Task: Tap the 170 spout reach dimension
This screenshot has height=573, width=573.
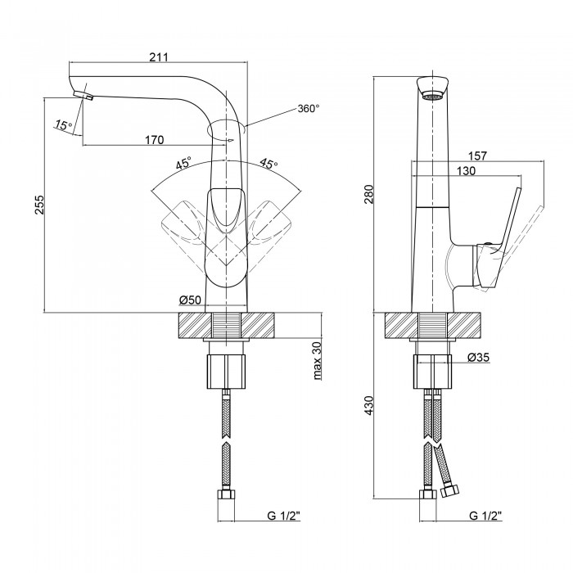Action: [x=154, y=139]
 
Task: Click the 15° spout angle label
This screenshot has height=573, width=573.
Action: [x=63, y=124]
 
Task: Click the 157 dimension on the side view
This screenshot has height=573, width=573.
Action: [x=480, y=155]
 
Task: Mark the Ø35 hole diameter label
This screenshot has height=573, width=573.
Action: [x=479, y=358]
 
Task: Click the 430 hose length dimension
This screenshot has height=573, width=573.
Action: [x=368, y=405]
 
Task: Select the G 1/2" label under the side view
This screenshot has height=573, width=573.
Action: [x=485, y=516]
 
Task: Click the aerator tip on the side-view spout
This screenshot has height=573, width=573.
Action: [x=433, y=96]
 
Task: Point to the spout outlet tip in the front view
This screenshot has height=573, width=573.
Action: [x=86, y=97]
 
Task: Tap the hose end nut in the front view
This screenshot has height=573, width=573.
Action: [x=227, y=496]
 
